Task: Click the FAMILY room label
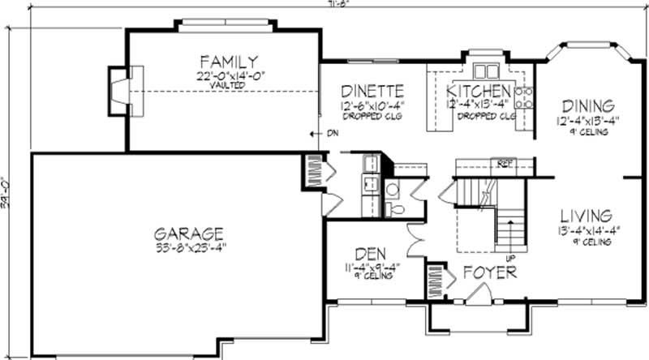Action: [x=230, y=62]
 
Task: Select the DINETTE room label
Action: [x=372, y=91]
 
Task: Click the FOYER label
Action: [x=489, y=273]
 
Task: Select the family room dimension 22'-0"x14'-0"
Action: [x=230, y=75]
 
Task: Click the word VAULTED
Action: [x=230, y=84]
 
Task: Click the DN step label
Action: [x=332, y=134]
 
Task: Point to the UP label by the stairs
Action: [x=510, y=259]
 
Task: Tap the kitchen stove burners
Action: [x=524, y=96]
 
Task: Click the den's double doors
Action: [x=415, y=241]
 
